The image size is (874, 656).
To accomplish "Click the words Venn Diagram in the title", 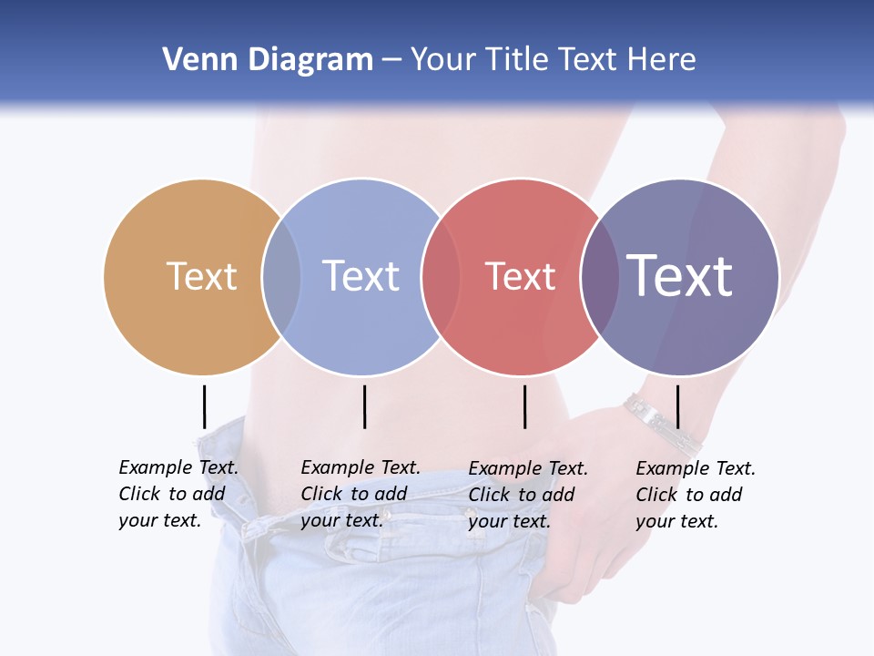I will coord(268,60).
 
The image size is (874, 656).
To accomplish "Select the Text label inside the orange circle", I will coord(201,276).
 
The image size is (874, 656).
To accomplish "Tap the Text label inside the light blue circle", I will coord(361,276).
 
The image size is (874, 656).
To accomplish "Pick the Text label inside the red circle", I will coord(520,276).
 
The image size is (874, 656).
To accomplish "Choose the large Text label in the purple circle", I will coord(680,275).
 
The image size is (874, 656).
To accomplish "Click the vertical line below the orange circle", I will coord(204,406).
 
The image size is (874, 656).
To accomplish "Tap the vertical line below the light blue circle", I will coord(364,406).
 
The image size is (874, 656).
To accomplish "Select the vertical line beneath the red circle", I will coord(524,406).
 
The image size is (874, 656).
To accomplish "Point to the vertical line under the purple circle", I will coord(677,406).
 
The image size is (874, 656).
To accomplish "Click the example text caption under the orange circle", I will coord(178,494).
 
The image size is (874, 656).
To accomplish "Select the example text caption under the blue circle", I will coord(360,494).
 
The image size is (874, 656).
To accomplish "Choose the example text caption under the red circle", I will coord(527,495).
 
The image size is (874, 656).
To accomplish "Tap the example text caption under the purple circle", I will coord(695,495).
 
